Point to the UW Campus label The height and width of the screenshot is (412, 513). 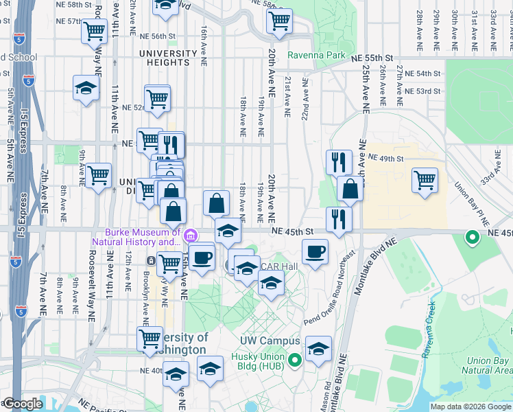[x=270, y=341]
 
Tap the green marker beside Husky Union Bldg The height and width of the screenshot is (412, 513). [x=296, y=359]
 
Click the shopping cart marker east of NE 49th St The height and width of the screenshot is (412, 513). [x=425, y=180]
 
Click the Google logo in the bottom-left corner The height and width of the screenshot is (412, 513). [x=22, y=404]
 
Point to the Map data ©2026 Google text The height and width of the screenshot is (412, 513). [x=470, y=407]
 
